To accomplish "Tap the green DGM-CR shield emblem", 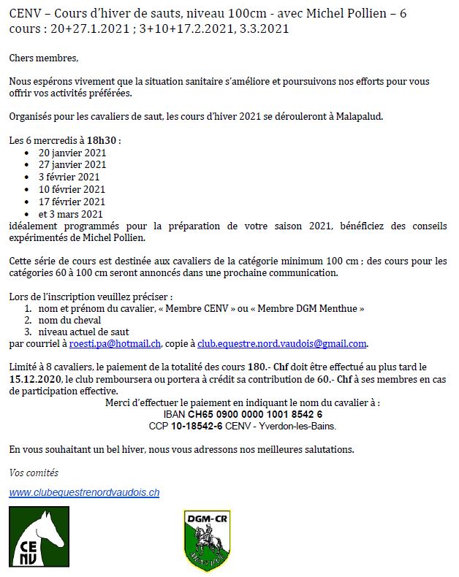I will pyautogui.click(x=207, y=540).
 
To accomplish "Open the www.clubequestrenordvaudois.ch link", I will pyautogui.click(x=84, y=493).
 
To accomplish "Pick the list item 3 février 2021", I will pyautogui.click(x=69, y=177).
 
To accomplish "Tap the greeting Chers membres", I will pyautogui.click(x=43, y=57).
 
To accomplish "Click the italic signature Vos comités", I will pyautogui.click(x=34, y=473).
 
